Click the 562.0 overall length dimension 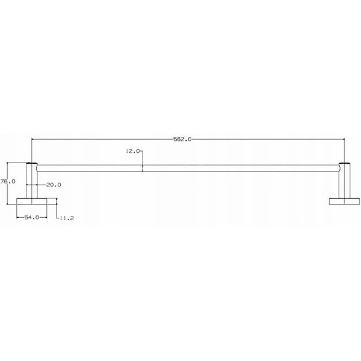tap(182, 140)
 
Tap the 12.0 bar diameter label tap(132, 151)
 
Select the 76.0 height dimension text tap(8, 182)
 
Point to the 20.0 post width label tap(54, 185)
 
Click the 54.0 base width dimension tap(32, 217)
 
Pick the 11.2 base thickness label tap(67, 218)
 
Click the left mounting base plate tap(32, 201)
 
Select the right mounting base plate tap(344, 201)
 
